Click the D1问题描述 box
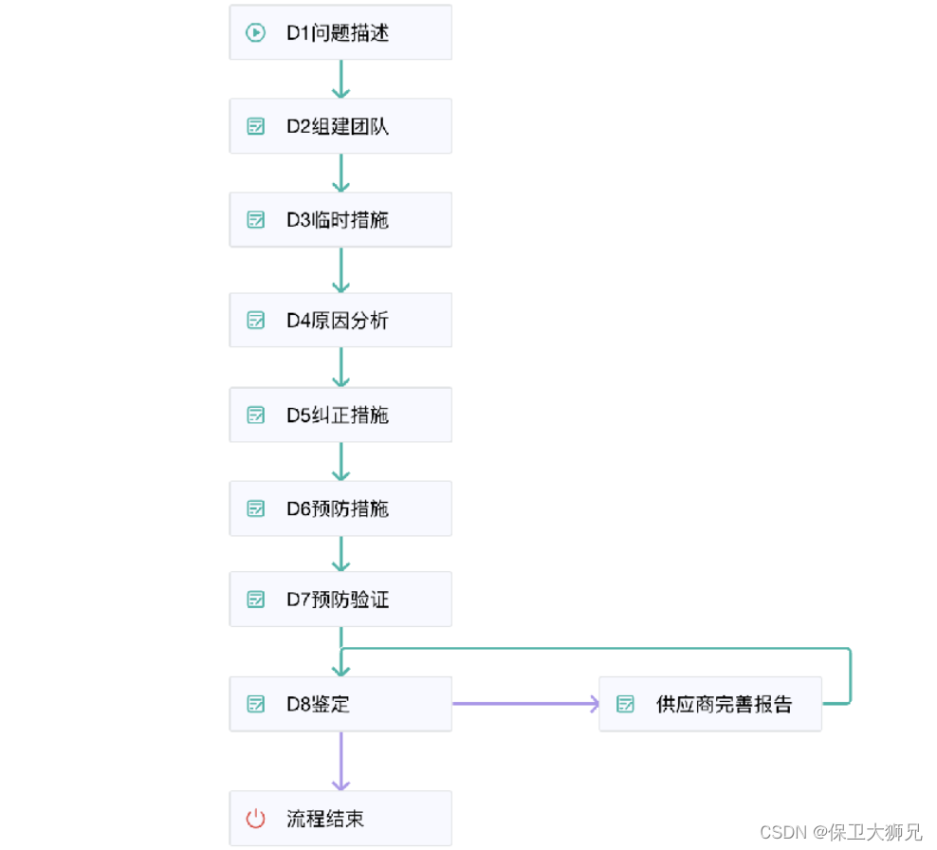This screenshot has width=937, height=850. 340,33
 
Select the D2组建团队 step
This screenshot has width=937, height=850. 340,126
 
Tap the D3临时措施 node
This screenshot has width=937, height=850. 340,220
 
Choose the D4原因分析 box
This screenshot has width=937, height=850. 340,321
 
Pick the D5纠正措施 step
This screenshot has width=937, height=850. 340,415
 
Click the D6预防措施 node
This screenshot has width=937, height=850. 340,508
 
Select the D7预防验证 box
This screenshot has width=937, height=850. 340,600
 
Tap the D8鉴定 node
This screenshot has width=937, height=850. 340,704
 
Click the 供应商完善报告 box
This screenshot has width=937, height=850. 709,704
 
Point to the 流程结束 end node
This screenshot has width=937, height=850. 340,819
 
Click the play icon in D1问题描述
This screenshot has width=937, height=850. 255,33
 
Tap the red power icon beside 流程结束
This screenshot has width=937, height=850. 255,819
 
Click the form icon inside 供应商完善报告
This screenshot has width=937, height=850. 625,704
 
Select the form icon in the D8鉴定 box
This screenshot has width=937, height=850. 255,704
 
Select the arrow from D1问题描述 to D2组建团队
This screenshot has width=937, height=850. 340,79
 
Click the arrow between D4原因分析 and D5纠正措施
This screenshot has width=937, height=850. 340,367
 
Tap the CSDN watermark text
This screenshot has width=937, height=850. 840,832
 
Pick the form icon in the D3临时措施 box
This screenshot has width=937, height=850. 255,220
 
